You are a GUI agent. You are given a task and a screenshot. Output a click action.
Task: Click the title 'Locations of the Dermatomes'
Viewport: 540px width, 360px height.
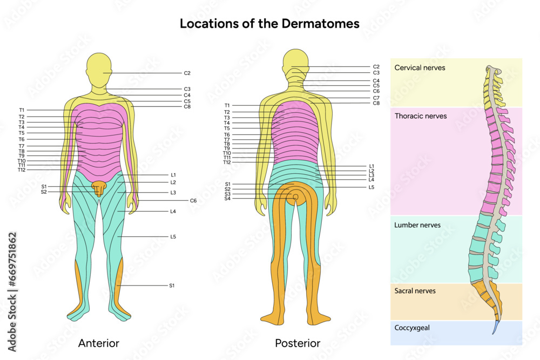pos(269,24)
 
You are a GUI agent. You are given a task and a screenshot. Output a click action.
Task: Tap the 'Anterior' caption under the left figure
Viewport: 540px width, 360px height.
pos(99,343)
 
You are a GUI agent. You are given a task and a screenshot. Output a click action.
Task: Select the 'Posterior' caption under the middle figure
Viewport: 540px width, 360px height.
pos(298,343)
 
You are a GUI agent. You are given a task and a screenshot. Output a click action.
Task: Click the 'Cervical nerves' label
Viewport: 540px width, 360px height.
pos(420,68)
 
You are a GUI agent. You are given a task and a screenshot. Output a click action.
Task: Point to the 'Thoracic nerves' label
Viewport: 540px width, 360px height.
pos(421,116)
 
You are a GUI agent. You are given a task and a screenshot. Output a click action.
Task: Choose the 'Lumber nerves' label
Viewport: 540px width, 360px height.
pos(417,225)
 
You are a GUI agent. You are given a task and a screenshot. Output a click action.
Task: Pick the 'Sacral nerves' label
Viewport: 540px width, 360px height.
pos(415,291)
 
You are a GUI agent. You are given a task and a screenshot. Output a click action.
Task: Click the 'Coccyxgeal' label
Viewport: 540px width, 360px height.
pos(413,327)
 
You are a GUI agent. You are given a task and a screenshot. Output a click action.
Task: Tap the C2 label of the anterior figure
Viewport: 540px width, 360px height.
pos(187,73)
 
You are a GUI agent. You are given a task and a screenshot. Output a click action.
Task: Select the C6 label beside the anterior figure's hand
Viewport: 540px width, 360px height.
pos(193,201)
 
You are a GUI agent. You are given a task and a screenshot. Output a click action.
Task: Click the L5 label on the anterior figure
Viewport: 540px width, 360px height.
pos(173,237)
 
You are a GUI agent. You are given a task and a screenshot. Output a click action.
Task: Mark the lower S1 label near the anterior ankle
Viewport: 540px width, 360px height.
pos(172,285)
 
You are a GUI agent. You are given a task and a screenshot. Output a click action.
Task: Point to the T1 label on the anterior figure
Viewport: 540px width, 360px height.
pos(22,110)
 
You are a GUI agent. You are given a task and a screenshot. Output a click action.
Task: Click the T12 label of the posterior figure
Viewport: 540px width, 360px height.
pos(227,162)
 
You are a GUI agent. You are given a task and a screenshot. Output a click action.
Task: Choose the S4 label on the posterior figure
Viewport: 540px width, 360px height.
pos(227,199)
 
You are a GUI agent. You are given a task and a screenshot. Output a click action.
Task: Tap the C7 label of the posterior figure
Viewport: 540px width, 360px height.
pos(376,98)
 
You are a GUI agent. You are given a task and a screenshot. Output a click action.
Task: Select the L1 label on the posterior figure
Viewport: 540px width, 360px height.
pos(372,166)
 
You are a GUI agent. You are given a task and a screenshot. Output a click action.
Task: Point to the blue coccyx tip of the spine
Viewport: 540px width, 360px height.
pos(495,329)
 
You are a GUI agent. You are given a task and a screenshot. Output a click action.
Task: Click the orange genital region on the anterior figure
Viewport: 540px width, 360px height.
pos(99,188)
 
